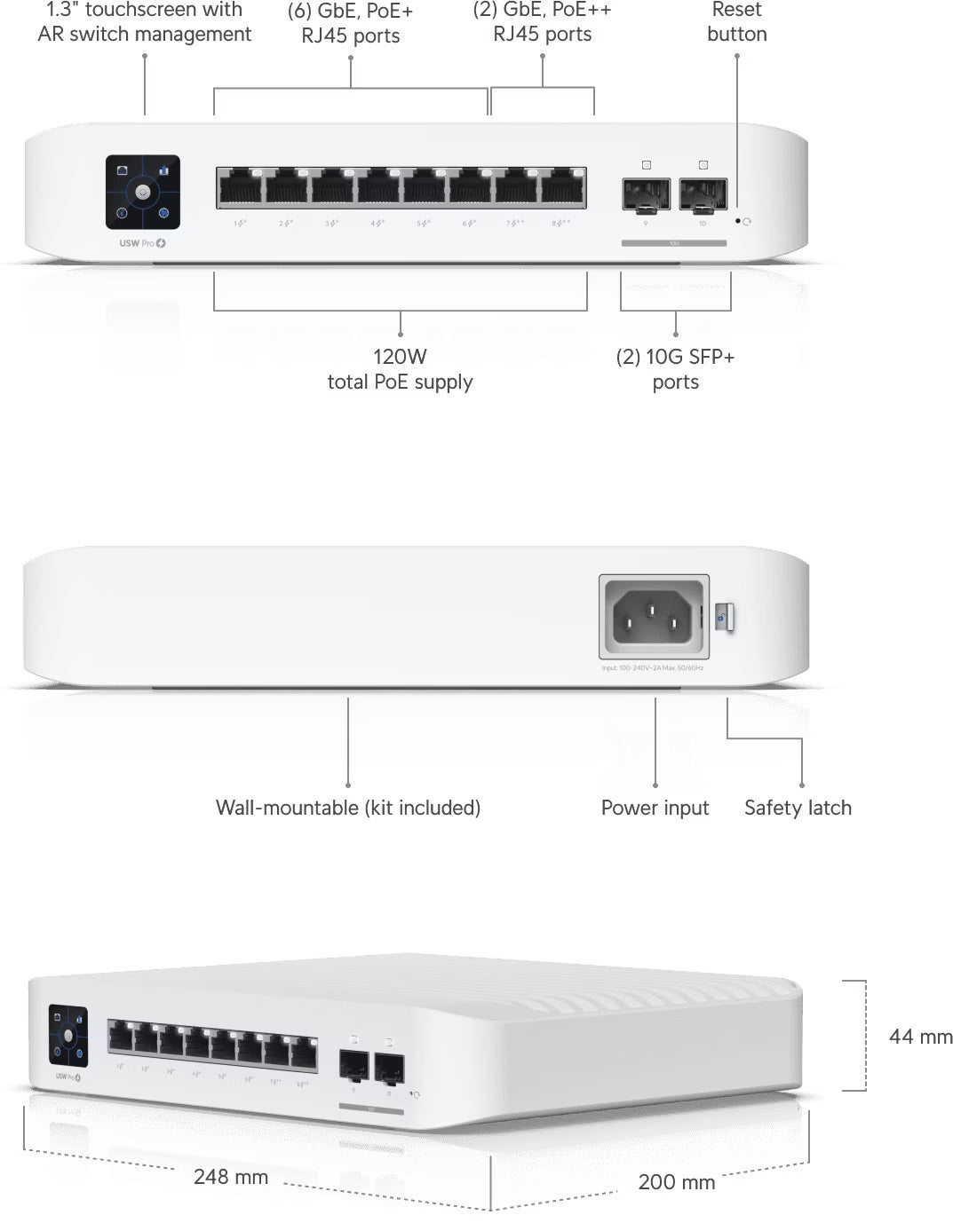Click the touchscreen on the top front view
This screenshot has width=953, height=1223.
click(x=143, y=191)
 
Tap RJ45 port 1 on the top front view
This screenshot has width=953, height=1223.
click(x=241, y=187)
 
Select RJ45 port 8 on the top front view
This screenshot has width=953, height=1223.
click(x=563, y=187)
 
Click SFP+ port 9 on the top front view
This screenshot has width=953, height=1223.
click(x=646, y=193)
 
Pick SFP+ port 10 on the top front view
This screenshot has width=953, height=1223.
click(x=703, y=193)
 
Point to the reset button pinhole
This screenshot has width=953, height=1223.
click(x=738, y=221)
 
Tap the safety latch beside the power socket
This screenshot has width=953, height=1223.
click(x=725, y=617)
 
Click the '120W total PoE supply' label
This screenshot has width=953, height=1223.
click(x=400, y=369)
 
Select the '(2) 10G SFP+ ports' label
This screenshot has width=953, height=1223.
click(x=676, y=369)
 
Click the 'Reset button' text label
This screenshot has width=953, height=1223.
click(x=737, y=22)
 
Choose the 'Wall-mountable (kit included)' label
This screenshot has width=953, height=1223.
click(x=348, y=808)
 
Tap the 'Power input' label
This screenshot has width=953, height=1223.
click(x=655, y=808)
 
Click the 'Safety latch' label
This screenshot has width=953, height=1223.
click(x=798, y=808)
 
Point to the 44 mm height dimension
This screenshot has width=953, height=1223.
click(x=920, y=1037)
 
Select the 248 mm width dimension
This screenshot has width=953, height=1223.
click(x=231, y=1177)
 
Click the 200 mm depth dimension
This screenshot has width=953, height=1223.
click(x=676, y=1181)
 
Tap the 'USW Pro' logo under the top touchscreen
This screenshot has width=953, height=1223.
click(x=143, y=243)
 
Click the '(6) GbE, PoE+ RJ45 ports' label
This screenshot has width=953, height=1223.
click(x=351, y=24)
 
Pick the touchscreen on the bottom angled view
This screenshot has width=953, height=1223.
click(x=68, y=1035)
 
